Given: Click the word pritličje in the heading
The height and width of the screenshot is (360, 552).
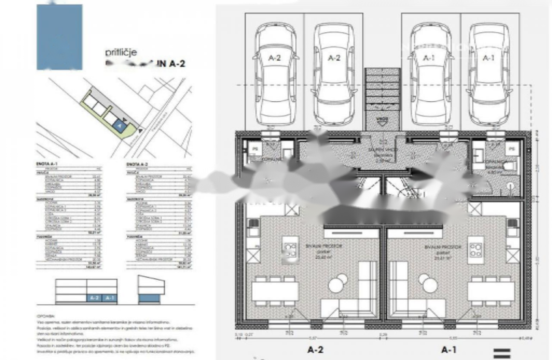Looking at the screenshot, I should click(x=121, y=53).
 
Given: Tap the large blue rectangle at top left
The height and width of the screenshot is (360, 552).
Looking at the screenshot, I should click(x=60, y=37).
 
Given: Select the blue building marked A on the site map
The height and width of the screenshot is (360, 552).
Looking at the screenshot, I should click(x=119, y=125).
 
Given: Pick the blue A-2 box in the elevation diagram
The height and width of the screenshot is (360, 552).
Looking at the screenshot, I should click(x=95, y=297).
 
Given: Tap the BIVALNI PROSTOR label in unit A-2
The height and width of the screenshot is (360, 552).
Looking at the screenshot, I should click(x=329, y=246).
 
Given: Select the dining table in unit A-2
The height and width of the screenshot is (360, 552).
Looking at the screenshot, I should click(x=275, y=291).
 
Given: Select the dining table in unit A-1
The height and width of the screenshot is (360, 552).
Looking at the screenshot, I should click(x=491, y=291).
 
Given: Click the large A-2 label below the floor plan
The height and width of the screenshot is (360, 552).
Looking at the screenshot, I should click(x=315, y=350).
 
